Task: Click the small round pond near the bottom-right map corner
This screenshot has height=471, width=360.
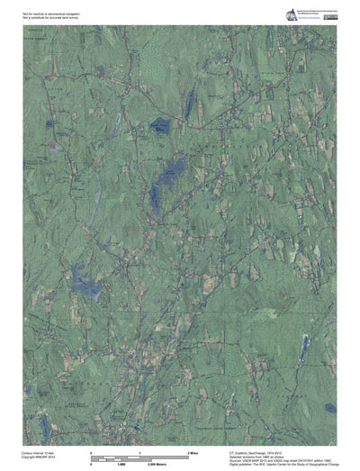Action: click(x=330, y=407)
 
